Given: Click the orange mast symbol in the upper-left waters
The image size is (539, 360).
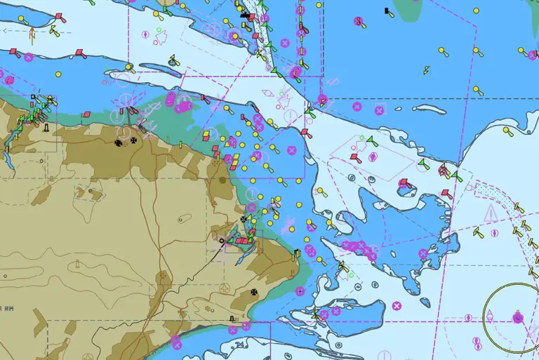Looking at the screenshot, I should [32, 33].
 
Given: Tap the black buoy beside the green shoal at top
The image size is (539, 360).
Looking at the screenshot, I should [387, 11].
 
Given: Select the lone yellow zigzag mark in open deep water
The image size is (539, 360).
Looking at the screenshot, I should [426, 69].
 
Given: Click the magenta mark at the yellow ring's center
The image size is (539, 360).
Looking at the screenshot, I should [518, 316].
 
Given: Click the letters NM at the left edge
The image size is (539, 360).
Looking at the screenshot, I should [8, 307].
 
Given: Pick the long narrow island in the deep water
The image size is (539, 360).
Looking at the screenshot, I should [428, 109].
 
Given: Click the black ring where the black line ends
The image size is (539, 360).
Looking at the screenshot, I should [222, 241].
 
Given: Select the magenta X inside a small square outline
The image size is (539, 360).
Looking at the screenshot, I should [380, 109].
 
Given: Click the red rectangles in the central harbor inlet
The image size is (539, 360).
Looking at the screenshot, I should [241, 241].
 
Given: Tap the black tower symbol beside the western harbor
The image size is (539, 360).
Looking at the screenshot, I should [46, 128].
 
